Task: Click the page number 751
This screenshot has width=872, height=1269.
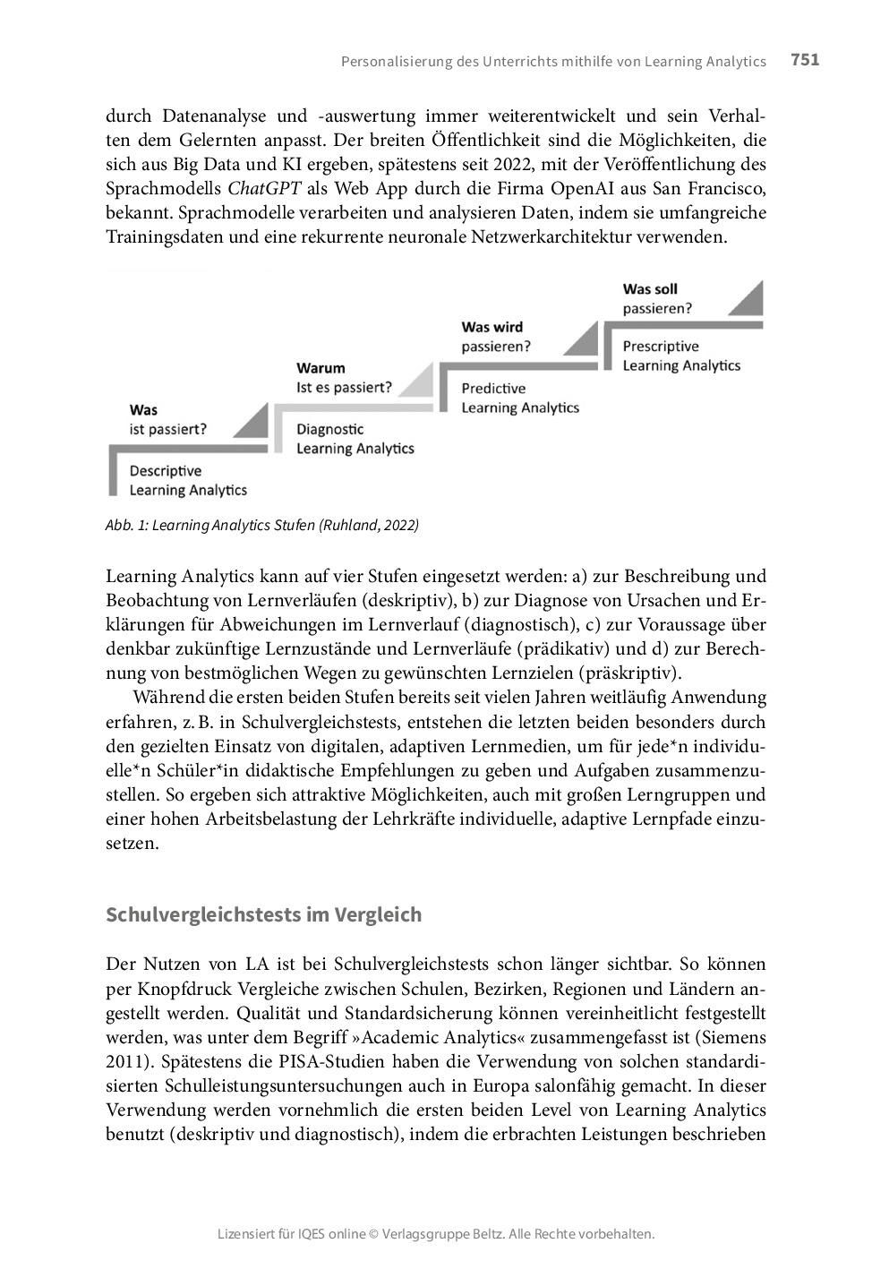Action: [x=805, y=60]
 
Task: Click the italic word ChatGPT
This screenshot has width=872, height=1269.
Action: [x=264, y=189]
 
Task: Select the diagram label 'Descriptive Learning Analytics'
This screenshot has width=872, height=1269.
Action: [x=188, y=481]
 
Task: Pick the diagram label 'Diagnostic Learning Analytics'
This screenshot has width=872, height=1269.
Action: [x=355, y=439]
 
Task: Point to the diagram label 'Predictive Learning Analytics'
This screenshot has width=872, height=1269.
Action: [x=520, y=398]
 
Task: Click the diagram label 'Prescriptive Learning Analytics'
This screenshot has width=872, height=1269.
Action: [x=681, y=356]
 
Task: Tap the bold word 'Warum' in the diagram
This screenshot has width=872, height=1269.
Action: [x=321, y=368]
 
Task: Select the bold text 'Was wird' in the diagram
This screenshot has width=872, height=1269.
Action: [x=492, y=327]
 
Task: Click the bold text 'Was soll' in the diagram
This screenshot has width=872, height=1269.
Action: [x=650, y=289]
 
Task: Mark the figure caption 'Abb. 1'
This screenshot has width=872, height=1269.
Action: [x=126, y=526]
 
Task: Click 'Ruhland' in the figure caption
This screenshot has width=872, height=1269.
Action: [x=350, y=526]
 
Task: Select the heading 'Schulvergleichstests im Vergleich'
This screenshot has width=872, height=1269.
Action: [x=263, y=914]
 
